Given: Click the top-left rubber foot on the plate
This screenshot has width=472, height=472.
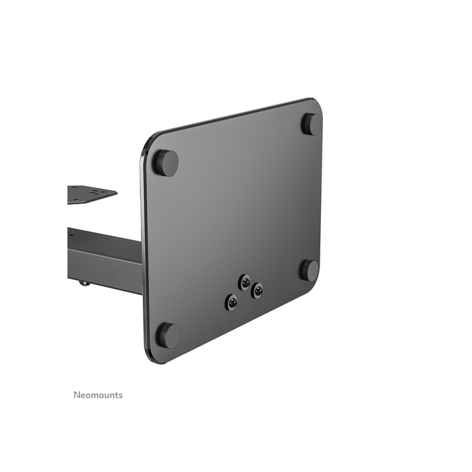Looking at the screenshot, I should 166,163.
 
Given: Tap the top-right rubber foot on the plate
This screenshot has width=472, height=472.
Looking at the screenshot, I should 311,124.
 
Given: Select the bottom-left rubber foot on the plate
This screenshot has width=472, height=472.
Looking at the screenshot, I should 168,334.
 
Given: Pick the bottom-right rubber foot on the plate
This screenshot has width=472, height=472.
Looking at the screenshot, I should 309,270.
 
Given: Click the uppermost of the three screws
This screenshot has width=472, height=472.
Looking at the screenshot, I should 245,282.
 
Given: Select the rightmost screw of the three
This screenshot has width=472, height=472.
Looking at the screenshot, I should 257,291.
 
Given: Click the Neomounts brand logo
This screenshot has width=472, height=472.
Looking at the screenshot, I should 98,395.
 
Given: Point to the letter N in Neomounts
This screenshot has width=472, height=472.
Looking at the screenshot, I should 76,395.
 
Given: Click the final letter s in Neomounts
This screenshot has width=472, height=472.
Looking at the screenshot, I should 121,396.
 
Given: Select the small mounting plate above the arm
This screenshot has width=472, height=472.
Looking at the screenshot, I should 90,194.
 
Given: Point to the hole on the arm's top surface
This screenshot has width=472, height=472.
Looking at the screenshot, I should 71,235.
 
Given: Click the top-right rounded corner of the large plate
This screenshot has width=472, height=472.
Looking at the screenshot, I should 316,103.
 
